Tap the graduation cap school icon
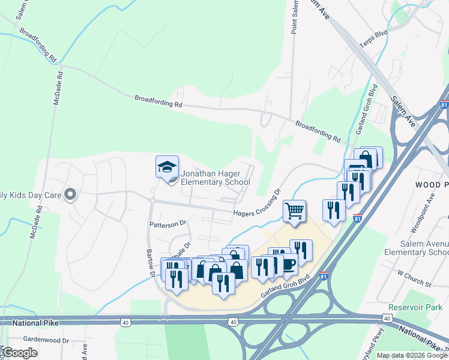[167, 167]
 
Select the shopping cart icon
[294, 211]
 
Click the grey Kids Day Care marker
[70, 194]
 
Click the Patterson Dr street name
[169, 224]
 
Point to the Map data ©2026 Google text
[412, 355]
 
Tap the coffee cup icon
[288, 263]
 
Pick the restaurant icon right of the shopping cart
[333, 210]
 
